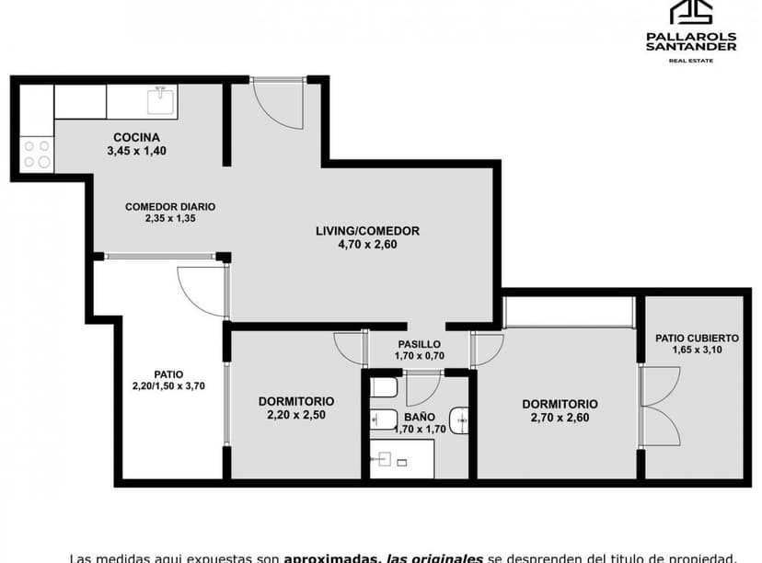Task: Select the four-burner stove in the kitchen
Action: point(37,154)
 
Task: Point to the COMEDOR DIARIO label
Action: point(170,207)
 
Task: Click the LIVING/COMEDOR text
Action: point(367,231)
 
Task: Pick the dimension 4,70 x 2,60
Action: point(367,245)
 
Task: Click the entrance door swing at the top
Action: point(277,103)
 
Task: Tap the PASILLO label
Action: point(419,344)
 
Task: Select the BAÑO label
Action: point(419,417)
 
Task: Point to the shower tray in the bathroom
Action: point(402,457)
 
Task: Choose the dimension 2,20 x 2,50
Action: point(295,415)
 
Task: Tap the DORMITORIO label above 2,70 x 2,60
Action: point(560,404)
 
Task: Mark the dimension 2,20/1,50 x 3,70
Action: point(168,386)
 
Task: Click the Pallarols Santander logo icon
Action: point(690,12)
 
